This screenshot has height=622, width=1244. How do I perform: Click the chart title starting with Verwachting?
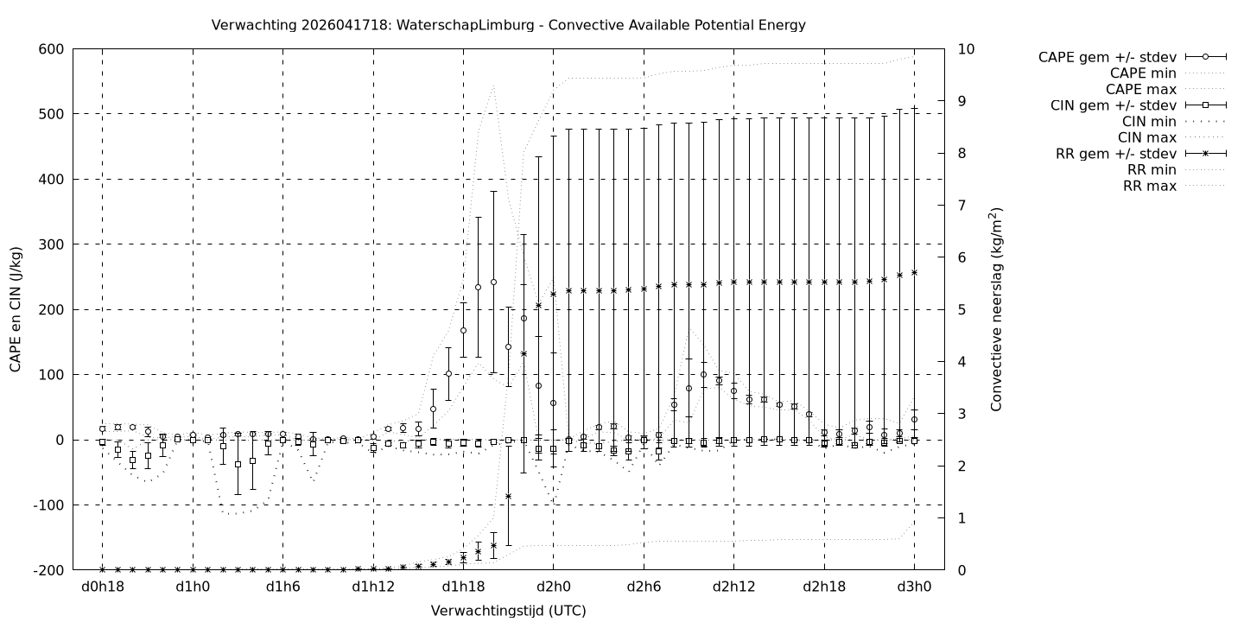tap(508, 25)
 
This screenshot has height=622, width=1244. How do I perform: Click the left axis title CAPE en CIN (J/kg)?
tap(16, 309)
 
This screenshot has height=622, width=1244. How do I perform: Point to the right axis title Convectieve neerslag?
tap(996, 309)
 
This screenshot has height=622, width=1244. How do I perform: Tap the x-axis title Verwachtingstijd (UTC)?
tap(508, 611)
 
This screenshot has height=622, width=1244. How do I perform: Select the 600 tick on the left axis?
tap(51, 49)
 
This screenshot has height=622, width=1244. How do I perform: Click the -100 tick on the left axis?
tap(48, 505)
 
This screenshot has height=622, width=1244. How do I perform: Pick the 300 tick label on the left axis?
tap(51, 244)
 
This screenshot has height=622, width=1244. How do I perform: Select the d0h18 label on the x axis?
tap(102, 587)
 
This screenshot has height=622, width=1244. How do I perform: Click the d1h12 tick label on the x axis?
tap(373, 587)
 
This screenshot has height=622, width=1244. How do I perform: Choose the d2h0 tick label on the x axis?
tap(554, 587)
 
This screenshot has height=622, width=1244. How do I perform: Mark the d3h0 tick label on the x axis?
tap(915, 587)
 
